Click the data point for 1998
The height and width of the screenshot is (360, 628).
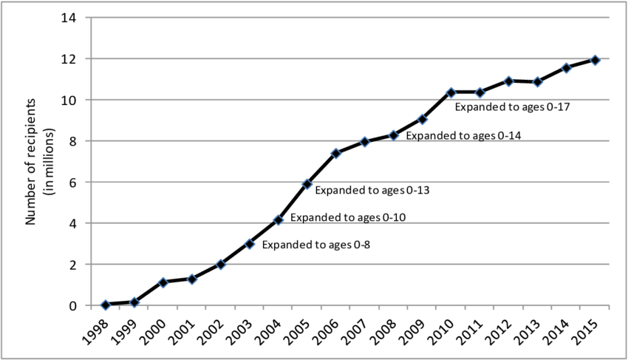click(106, 305)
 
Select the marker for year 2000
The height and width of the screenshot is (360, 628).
click(163, 282)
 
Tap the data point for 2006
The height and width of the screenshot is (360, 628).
click(335, 153)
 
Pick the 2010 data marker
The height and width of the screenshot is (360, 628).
click(451, 92)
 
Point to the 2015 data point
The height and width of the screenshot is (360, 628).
click(595, 60)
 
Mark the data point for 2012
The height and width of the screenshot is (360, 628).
click(508, 81)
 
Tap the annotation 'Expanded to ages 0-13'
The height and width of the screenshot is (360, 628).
click(372, 190)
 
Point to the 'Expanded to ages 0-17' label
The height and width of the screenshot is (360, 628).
click(511, 107)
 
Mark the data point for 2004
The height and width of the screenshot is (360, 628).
click(278, 220)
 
